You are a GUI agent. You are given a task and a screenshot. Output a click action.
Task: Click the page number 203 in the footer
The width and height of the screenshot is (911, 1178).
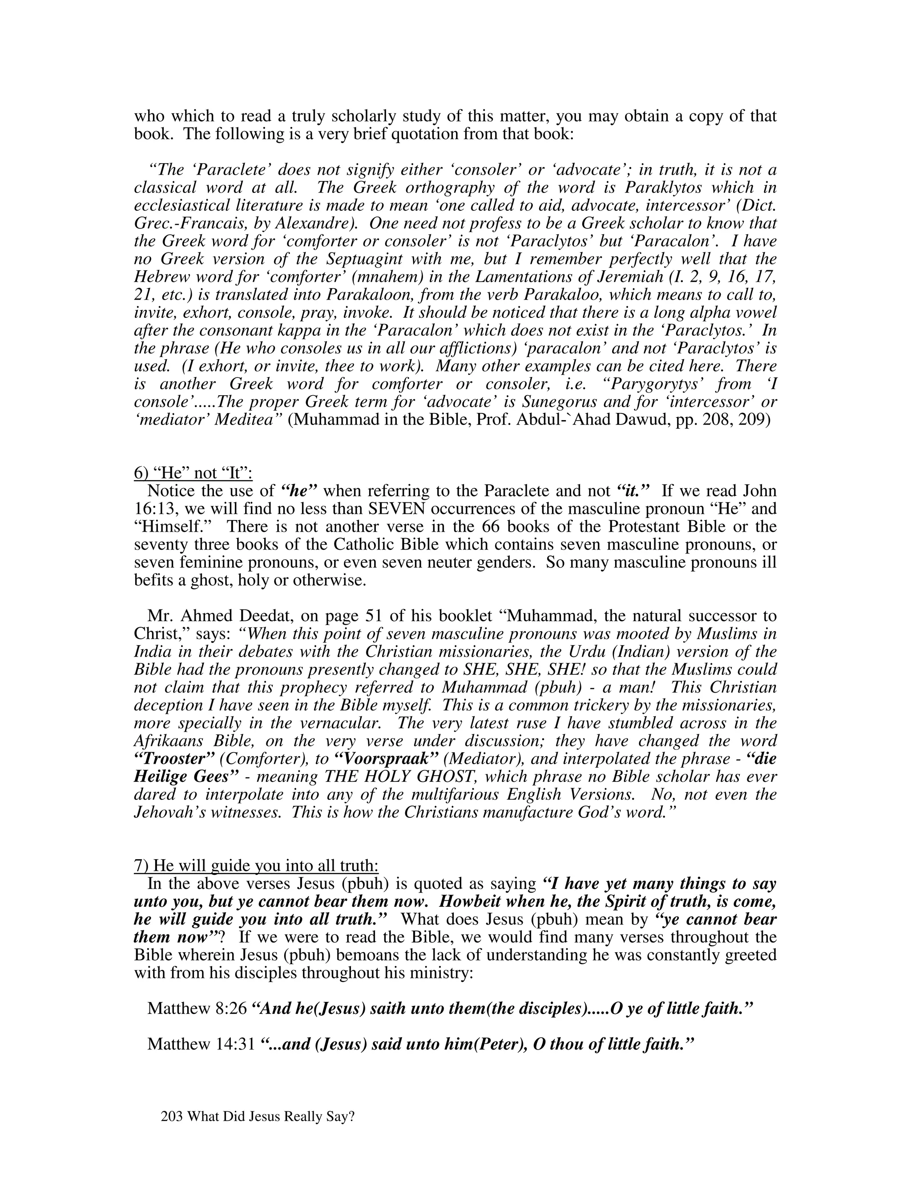pyautogui.click(x=172, y=1117)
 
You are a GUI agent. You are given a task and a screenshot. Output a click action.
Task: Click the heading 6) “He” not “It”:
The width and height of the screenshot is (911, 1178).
pyautogui.click(x=193, y=473)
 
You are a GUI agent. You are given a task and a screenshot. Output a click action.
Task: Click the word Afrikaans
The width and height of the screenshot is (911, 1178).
pyautogui.click(x=169, y=741)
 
